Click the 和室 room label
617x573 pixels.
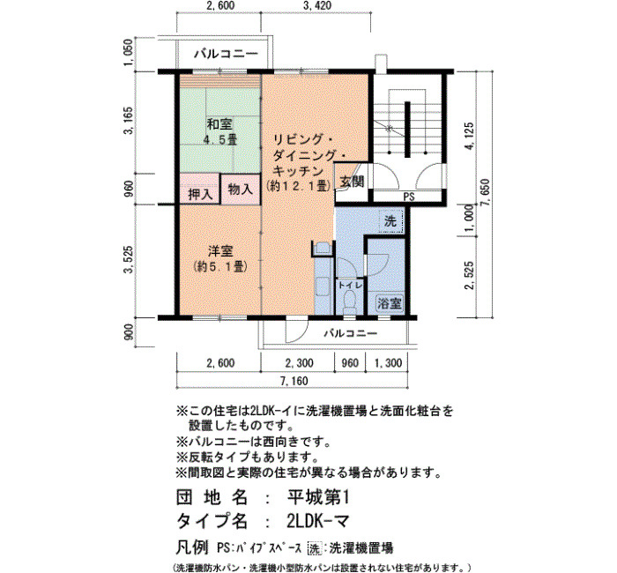click(x=219, y=125)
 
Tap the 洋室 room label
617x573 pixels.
click(x=220, y=251)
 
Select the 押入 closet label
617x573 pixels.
click(x=200, y=194)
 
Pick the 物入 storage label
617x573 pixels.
click(x=241, y=190)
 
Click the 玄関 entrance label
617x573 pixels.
click(x=352, y=182)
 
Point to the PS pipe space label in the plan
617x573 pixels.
click(x=409, y=197)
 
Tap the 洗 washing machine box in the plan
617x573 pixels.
click(x=390, y=221)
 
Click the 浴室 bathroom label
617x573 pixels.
click(x=390, y=303)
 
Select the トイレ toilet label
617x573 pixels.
click(x=350, y=285)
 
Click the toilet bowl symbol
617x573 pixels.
click(x=349, y=301)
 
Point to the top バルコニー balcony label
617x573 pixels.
click(x=226, y=54)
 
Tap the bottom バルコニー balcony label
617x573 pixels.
click(x=351, y=334)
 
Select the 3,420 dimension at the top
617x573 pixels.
click(x=317, y=5)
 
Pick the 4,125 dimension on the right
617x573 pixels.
click(x=469, y=136)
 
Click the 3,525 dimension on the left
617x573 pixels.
click(x=129, y=258)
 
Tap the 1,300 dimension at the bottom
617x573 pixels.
click(x=388, y=362)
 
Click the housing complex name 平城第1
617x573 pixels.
click(x=318, y=498)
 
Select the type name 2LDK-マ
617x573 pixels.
click(x=318, y=522)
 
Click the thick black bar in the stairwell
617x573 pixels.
click(x=407, y=129)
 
